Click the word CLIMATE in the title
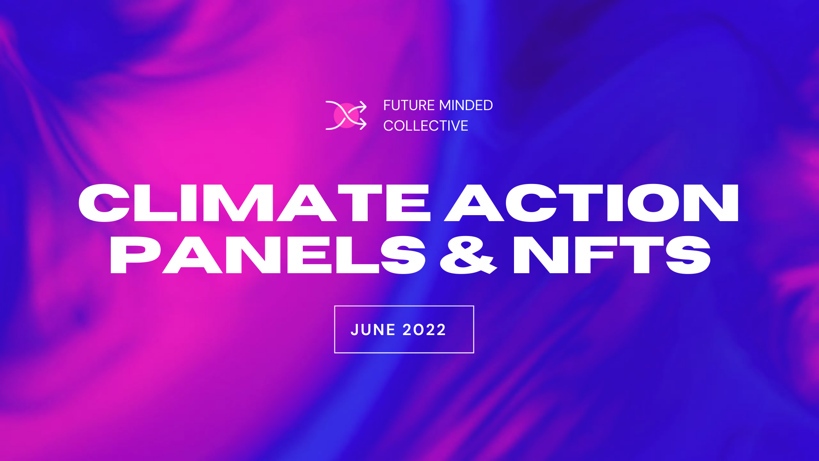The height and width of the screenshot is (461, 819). point(254,203)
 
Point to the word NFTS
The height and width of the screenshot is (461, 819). point(612,255)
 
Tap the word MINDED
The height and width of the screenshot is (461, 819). point(466,105)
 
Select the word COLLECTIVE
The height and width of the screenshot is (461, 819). point(425,126)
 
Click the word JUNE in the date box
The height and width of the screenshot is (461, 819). point(373,330)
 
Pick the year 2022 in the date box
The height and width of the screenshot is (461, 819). point(424,330)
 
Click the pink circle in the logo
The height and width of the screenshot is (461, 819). point(346,115)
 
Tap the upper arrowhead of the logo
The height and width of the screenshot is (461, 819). point(363,106)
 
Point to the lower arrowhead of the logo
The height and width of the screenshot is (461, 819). point(363,124)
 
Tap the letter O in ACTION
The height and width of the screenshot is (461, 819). point(653,203)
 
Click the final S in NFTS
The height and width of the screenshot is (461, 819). point(688,255)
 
